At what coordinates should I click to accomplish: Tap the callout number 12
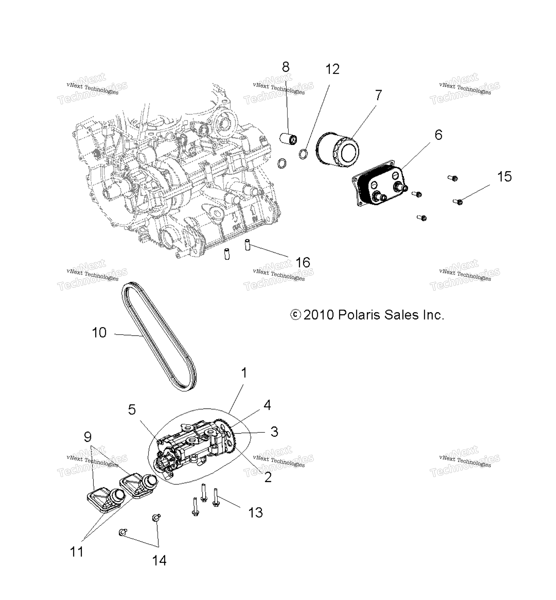point(332,69)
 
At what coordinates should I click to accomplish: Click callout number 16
point(303,263)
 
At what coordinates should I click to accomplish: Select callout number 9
point(88,437)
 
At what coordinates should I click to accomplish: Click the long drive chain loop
point(159,336)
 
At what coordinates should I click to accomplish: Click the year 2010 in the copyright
point(319,315)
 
